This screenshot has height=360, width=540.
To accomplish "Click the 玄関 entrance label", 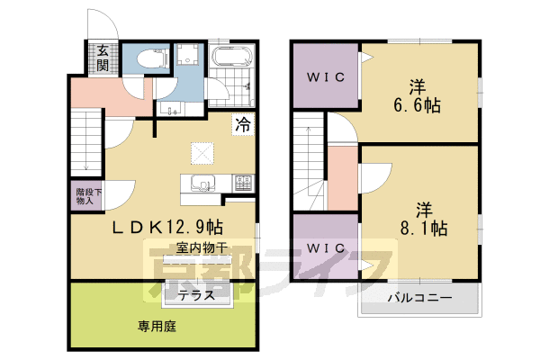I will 103,58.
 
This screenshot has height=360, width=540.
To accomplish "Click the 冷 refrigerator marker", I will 243,126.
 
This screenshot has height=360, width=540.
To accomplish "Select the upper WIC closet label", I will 325,77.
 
